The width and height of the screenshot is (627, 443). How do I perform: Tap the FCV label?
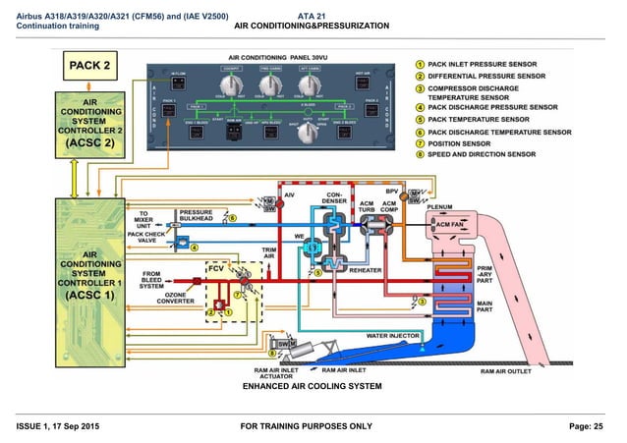point(215,268)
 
